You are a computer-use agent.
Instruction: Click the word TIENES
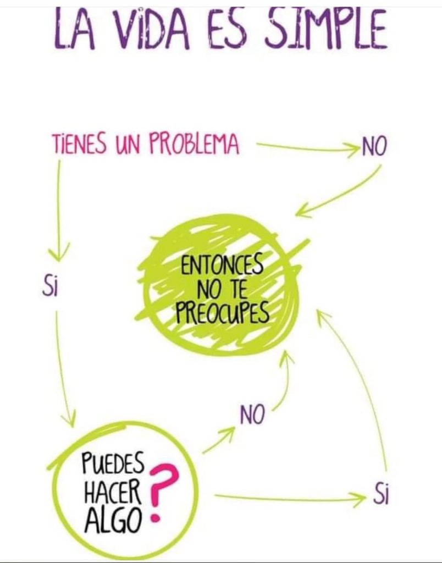click(x=79, y=144)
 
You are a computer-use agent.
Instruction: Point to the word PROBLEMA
click(x=194, y=144)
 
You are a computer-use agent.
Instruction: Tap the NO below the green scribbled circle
click(x=252, y=415)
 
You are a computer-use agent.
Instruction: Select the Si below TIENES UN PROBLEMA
click(x=50, y=286)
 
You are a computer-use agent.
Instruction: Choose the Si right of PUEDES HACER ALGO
click(x=380, y=495)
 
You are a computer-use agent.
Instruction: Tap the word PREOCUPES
click(x=222, y=312)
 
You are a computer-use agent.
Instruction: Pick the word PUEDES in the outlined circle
click(x=113, y=463)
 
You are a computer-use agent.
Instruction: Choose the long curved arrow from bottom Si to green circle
click(x=363, y=377)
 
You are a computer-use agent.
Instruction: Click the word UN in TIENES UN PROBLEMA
click(x=128, y=145)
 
